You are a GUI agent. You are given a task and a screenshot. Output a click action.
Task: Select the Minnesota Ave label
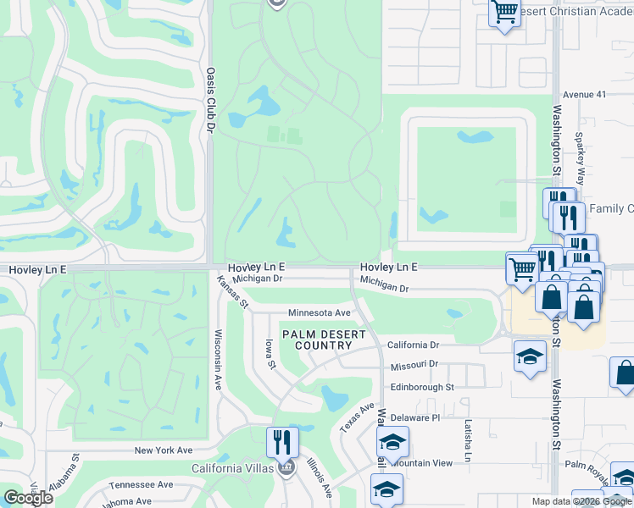(319, 312)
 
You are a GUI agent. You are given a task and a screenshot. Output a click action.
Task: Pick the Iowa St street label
(270, 354)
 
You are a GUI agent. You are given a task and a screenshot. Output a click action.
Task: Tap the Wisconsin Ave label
(218, 359)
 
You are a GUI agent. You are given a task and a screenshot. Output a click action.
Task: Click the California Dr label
(414, 345)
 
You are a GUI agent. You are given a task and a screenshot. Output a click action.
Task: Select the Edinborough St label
(422, 387)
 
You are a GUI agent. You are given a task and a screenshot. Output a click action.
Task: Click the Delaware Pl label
(415, 417)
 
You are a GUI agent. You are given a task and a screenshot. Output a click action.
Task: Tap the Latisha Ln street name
(467, 440)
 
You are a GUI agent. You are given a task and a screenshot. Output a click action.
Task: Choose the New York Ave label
(164, 450)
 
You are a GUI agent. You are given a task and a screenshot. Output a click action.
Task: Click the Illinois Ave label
(320, 478)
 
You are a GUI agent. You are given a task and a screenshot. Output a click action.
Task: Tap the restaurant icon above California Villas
(282, 442)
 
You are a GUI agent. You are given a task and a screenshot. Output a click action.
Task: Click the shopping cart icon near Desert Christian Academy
(504, 13)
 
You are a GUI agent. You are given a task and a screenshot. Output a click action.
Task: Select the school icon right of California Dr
(530, 355)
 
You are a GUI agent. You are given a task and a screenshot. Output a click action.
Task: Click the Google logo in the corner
(28, 497)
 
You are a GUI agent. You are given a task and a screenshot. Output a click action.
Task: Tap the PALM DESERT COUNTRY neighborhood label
(324, 340)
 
